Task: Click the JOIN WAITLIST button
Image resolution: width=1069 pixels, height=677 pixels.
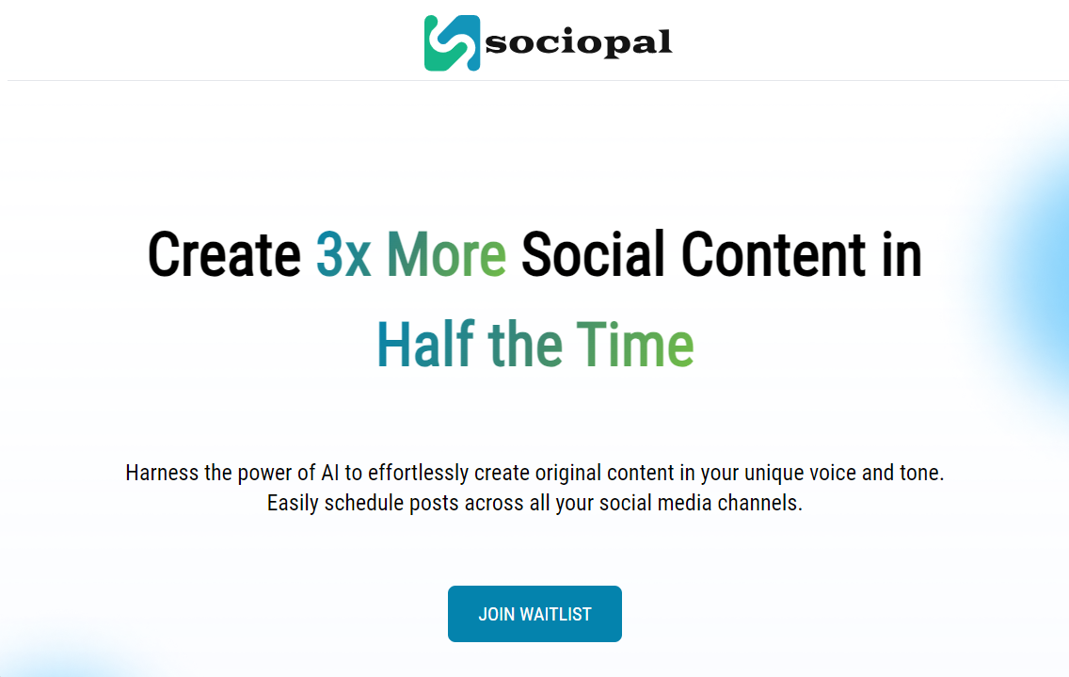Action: tap(534, 614)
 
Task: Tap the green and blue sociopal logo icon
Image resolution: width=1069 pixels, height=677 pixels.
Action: tap(452, 43)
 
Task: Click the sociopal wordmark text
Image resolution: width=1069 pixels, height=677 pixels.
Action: tap(578, 42)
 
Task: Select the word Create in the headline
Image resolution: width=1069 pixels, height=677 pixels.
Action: tap(224, 254)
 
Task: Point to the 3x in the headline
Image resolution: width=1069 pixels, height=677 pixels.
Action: tap(343, 254)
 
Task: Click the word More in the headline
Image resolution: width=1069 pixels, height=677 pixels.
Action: tap(447, 254)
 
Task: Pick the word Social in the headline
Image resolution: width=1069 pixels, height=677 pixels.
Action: tap(593, 254)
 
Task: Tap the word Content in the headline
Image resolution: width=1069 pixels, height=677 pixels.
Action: tap(774, 254)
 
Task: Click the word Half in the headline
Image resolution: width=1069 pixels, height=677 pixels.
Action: tap(426, 344)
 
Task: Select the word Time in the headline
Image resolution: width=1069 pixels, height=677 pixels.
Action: tap(635, 344)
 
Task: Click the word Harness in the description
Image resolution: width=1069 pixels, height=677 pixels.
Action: tap(162, 473)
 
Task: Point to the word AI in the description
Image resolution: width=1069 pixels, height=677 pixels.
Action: tap(330, 473)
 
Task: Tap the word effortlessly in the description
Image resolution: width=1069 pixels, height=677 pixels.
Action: tap(418, 474)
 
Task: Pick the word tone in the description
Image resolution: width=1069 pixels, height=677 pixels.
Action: tap(922, 473)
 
